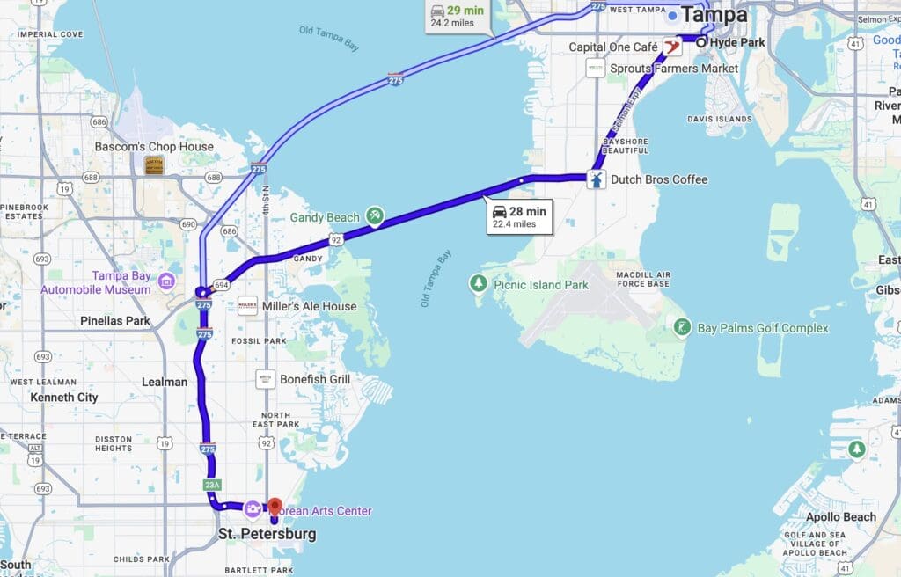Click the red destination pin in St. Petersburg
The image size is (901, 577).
pyautogui.click(x=274, y=507)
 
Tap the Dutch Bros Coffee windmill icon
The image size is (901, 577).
pyautogui.click(x=596, y=179)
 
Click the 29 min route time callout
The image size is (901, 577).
pyautogui.click(x=458, y=16)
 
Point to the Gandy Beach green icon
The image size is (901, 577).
pyautogui.click(x=375, y=216)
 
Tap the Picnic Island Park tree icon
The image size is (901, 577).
pyautogui.click(x=479, y=283)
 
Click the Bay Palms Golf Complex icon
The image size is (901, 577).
pyautogui.click(x=682, y=328)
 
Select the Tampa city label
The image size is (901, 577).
pyautogui.click(x=714, y=15)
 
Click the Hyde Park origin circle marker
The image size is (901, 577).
pyautogui.click(x=701, y=42)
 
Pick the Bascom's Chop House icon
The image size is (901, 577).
pyautogui.click(x=154, y=165)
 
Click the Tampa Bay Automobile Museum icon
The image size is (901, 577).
pyautogui.click(x=166, y=281)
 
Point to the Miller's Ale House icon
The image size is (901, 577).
pyautogui.click(x=248, y=306)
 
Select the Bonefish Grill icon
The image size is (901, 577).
pyautogui.click(x=265, y=379)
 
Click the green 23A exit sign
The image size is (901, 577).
pyautogui.click(x=211, y=485)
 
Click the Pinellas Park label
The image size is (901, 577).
pyautogui.click(x=114, y=321)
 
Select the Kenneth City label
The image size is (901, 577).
pyautogui.click(x=64, y=398)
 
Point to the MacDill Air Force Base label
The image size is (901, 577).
pyautogui.click(x=632, y=279)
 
